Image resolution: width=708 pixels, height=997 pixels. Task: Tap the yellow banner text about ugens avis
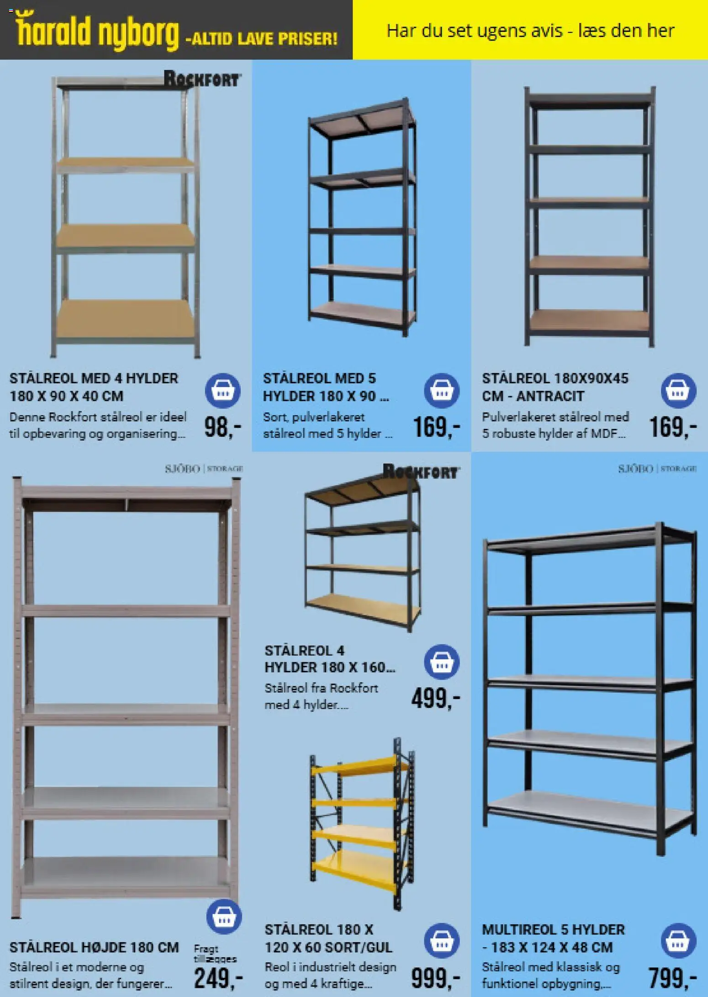click(530, 31)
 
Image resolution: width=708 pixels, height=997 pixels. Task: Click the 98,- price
click(222, 427)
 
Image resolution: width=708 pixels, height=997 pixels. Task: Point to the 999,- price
click(436, 978)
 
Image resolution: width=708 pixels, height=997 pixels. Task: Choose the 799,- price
click(673, 978)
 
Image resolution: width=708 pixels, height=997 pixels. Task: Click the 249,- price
click(218, 978)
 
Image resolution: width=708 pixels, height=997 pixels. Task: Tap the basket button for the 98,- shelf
click(222, 391)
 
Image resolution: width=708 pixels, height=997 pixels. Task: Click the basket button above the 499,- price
click(442, 662)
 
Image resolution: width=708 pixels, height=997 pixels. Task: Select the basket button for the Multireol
click(678, 941)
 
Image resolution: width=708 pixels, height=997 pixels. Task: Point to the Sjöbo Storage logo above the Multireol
click(657, 469)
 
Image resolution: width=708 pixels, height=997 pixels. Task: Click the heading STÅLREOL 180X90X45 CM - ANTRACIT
click(555, 387)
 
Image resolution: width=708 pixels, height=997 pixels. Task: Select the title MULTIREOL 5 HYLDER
click(553, 929)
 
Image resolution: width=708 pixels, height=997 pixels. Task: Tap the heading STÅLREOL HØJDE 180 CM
click(94, 947)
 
